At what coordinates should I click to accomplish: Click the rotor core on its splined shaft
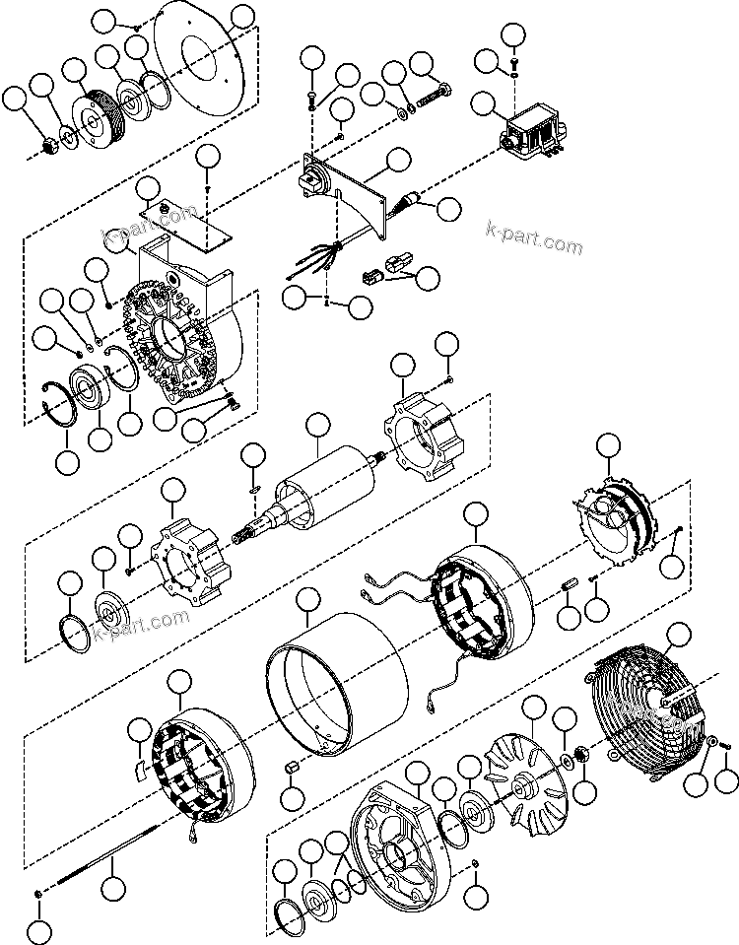pos(325,488)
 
